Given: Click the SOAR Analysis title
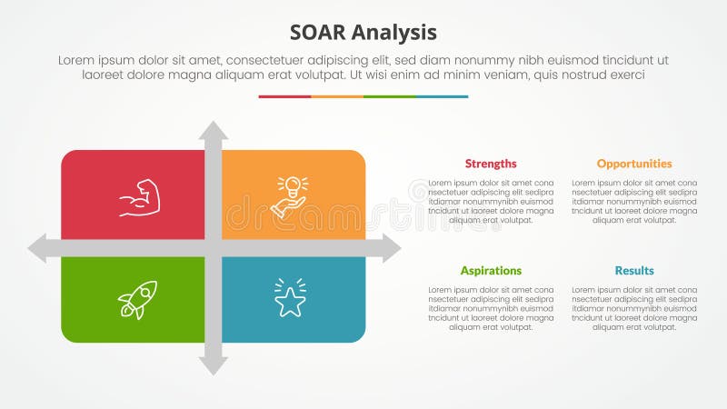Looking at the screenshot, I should coord(363,33).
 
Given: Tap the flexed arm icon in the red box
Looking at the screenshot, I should coord(139,198).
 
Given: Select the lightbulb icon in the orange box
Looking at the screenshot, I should coord(290,196).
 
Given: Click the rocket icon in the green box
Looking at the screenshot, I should coord(137,299).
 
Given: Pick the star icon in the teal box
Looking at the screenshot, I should coord(290,298).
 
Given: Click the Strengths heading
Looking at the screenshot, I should coord(491,164).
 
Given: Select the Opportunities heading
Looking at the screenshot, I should coord(634,164).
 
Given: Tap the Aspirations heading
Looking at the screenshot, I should coord(491,271).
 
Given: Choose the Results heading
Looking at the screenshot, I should coord(634,271).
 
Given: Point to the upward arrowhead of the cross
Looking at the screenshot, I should coord(214,130).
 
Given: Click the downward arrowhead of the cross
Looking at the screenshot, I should coord(214,365).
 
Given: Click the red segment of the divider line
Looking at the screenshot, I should coord(284,96).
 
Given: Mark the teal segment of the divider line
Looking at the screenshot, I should coord(442,96).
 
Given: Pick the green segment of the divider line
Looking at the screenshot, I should coord(389,96).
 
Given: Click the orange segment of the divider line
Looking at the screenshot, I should coord(337,96).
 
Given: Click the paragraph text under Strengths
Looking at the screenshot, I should coord(491,201).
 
